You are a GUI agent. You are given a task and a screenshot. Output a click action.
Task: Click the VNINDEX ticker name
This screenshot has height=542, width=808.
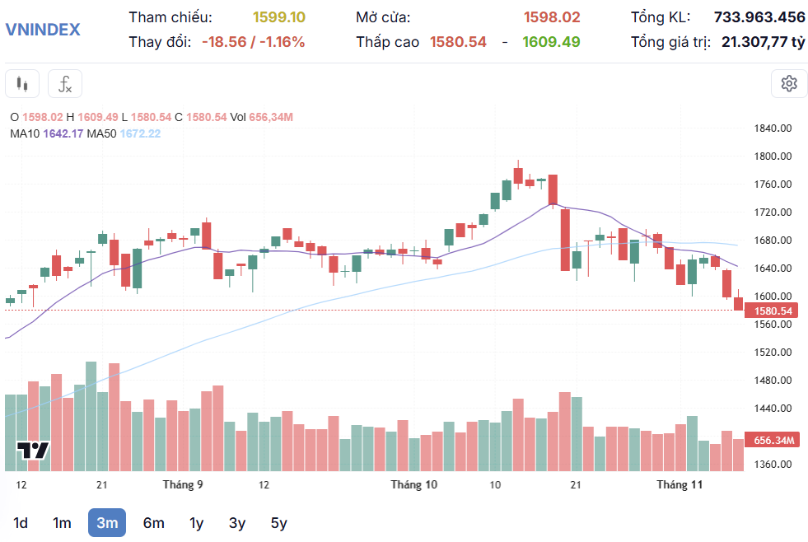(x=43, y=30)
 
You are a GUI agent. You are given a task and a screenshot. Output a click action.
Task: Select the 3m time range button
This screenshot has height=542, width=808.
(x=107, y=522)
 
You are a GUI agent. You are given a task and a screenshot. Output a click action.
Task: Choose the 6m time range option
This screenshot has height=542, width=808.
(x=153, y=522)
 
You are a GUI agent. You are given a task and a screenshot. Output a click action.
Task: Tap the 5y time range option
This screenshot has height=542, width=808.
(x=278, y=522)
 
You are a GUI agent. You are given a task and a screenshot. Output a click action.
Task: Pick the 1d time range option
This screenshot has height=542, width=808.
(x=21, y=522)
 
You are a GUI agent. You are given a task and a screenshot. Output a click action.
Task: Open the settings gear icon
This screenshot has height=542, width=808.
(x=789, y=83)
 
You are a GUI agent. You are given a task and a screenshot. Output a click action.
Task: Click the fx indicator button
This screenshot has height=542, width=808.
(x=65, y=83)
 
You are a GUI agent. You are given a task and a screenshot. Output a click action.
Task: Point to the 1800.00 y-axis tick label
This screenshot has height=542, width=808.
(x=773, y=157)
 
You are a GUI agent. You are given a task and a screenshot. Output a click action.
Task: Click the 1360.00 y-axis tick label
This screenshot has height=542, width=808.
(x=773, y=464)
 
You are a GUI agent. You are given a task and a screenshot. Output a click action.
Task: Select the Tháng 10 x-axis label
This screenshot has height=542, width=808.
(x=413, y=484)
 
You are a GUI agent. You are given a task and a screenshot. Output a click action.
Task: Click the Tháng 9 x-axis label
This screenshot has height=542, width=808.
(x=183, y=484)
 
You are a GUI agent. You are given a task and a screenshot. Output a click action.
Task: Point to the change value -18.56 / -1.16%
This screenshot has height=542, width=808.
(x=253, y=42)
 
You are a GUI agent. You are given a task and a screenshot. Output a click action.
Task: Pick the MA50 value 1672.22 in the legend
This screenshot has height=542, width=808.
(x=140, y=133)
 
